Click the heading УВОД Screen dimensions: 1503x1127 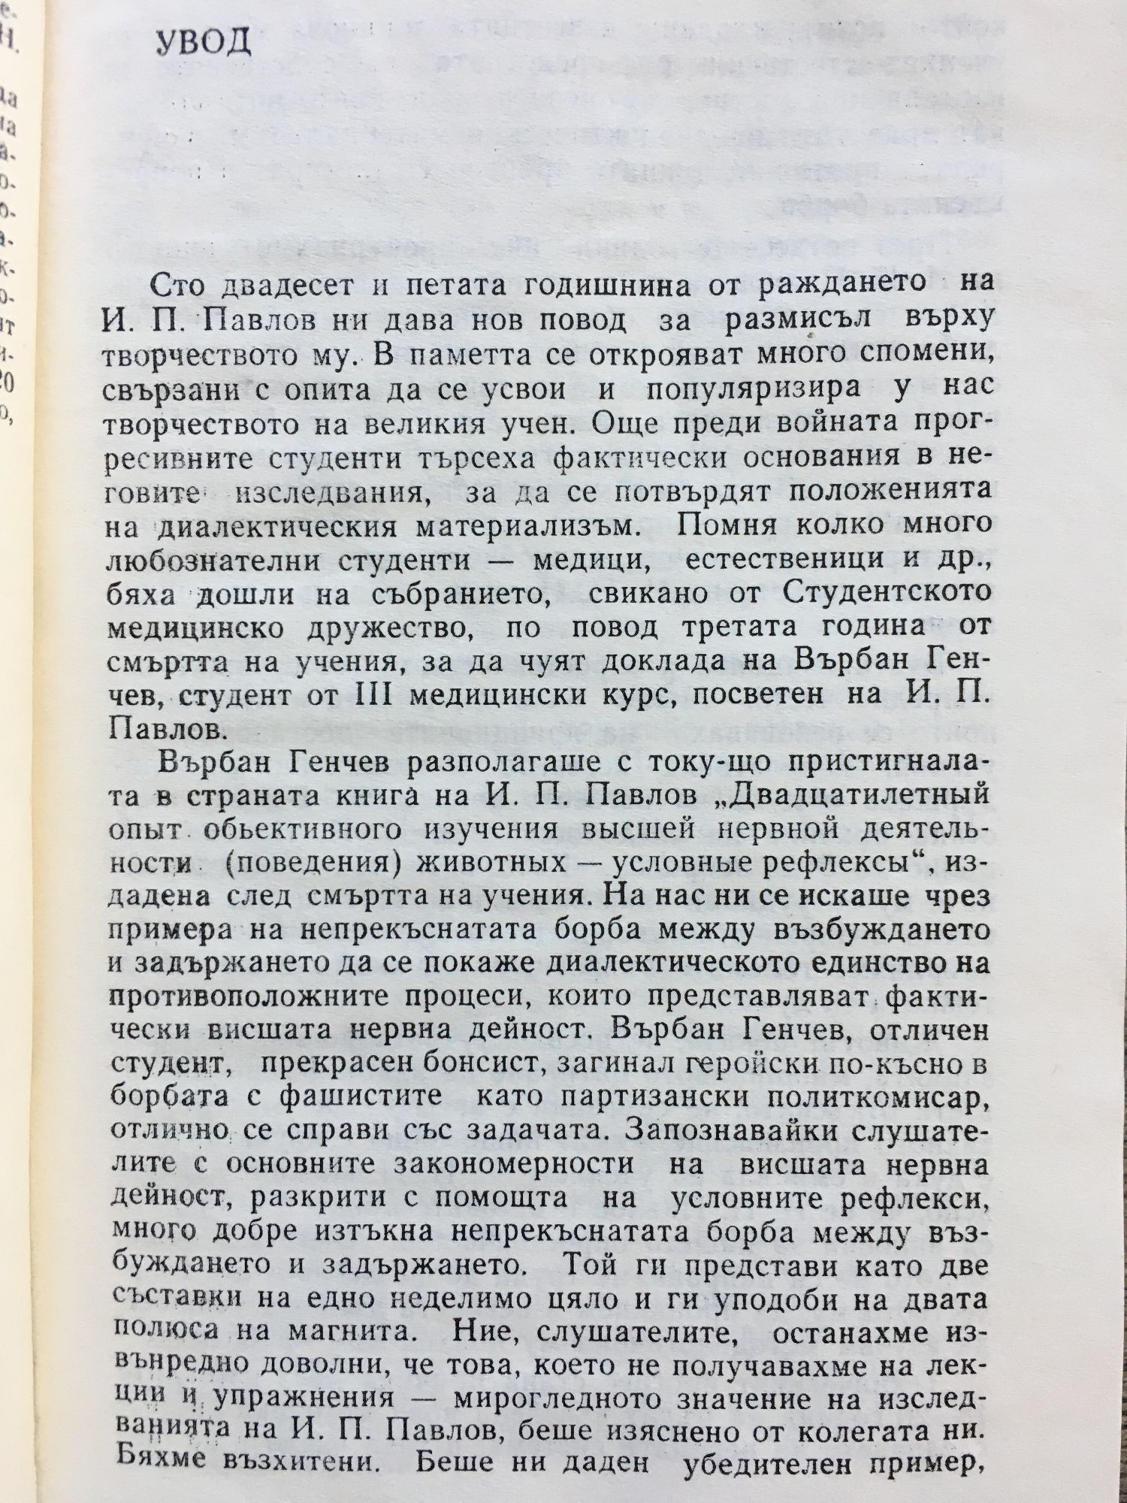[x=204, y=45]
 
